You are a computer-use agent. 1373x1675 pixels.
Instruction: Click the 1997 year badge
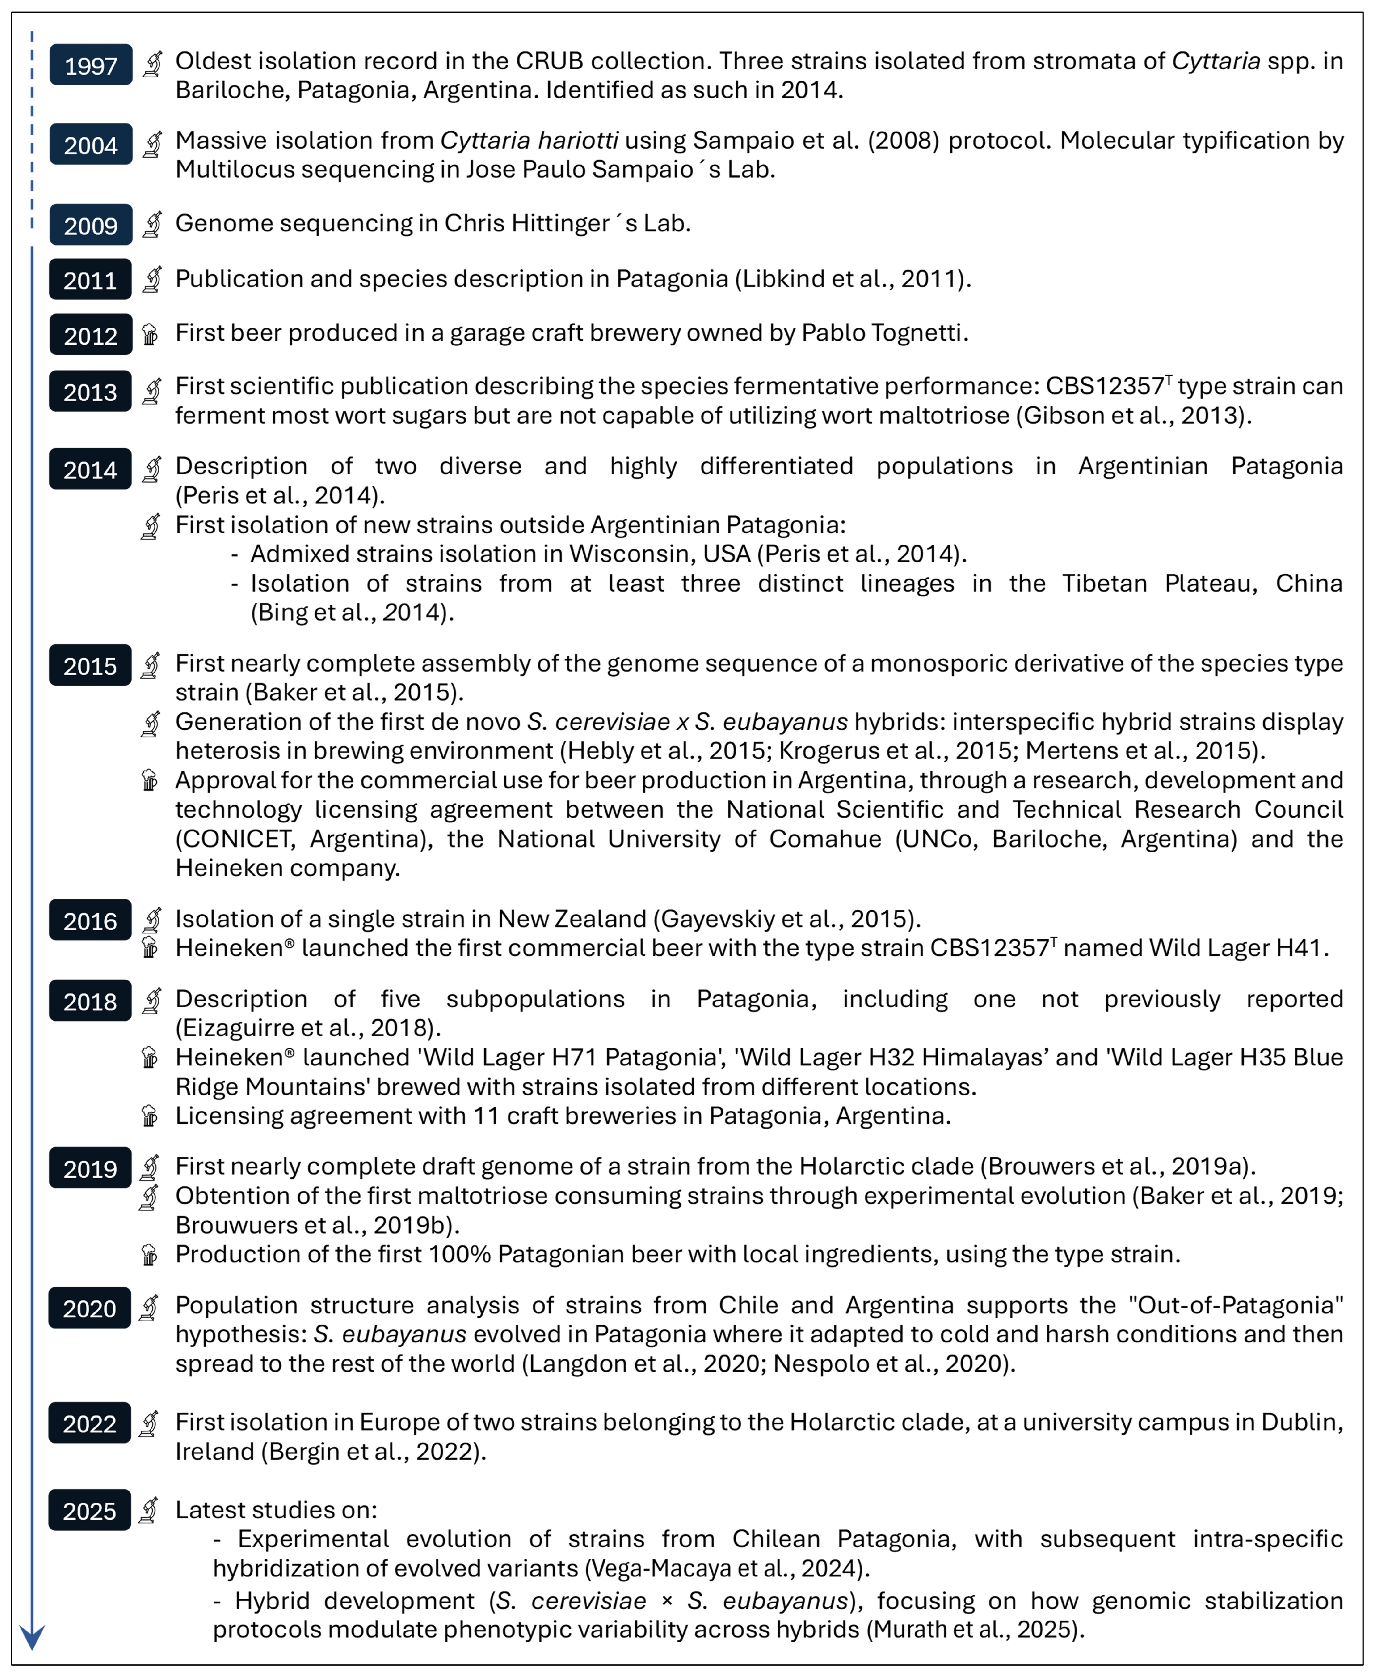coord(90,65)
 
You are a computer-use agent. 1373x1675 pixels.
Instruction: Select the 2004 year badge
coord(90,145)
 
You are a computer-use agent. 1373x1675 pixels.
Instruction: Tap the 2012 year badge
coord(90,335)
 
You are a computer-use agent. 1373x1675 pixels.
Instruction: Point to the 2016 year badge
coord(90,921)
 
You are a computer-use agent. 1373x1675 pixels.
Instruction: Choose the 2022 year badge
coord(90,1423)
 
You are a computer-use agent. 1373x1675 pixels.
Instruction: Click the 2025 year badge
coord(90,1510)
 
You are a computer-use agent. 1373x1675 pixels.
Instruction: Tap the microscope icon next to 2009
coord(152,224)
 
